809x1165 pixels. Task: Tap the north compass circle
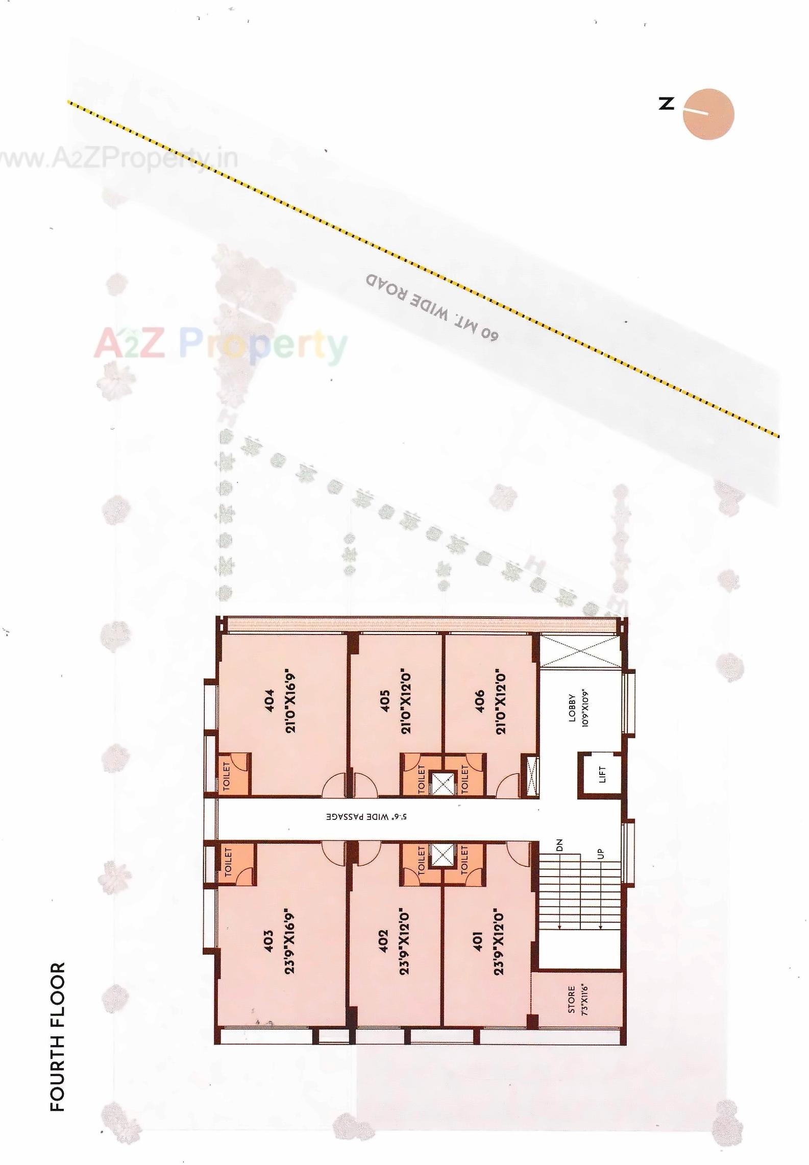point(708,114)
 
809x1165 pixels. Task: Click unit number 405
point(385,700)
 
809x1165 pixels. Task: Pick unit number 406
point(479,701)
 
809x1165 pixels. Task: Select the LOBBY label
point(572,708)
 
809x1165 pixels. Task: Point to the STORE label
point(571,999)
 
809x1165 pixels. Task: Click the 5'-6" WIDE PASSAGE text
point(367,816)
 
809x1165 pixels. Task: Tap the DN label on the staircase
point(559,845)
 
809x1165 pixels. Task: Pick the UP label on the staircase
point(601,854)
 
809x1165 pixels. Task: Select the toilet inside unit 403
point(228,862)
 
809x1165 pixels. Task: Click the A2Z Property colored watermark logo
point(219,345)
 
